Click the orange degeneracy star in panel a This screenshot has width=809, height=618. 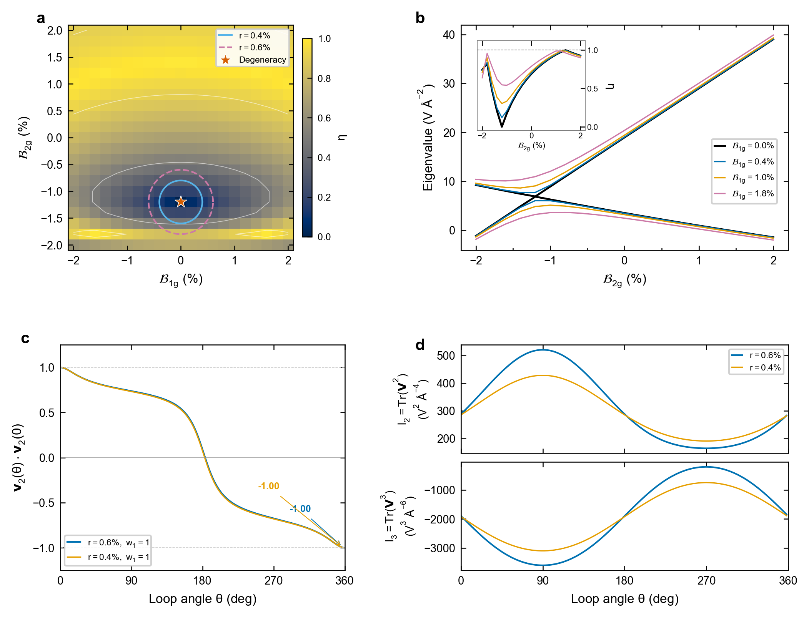coord(181,201)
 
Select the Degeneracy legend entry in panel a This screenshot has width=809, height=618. coord(252,60)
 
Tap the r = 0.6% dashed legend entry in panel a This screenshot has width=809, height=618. coord(244,47)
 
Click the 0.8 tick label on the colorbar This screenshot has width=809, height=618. coord(324,78)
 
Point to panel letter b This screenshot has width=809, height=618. coord(420,18)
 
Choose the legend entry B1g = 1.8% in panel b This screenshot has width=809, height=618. coord(744,194)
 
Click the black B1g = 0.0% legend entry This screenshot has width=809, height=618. coord(744,146)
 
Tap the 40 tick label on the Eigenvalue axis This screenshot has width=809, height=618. coord(449,35)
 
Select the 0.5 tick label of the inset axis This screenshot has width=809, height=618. coord(593,89)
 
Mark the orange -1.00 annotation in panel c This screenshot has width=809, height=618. coord(268,486)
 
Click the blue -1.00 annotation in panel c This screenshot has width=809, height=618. coord(300,509)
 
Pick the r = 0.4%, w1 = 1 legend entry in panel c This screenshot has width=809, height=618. coord(108,557)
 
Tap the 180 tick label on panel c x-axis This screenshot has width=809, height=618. coord(203,580)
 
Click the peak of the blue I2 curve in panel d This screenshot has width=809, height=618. coord(543,350)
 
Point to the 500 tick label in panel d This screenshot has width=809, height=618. coord(446,356)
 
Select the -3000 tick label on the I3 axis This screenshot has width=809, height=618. coord(440,548)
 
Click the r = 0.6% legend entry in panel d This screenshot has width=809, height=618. coord(756,356)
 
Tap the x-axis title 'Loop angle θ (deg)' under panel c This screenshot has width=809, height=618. coord(203,599)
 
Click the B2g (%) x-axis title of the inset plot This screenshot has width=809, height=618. coord(531,146)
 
